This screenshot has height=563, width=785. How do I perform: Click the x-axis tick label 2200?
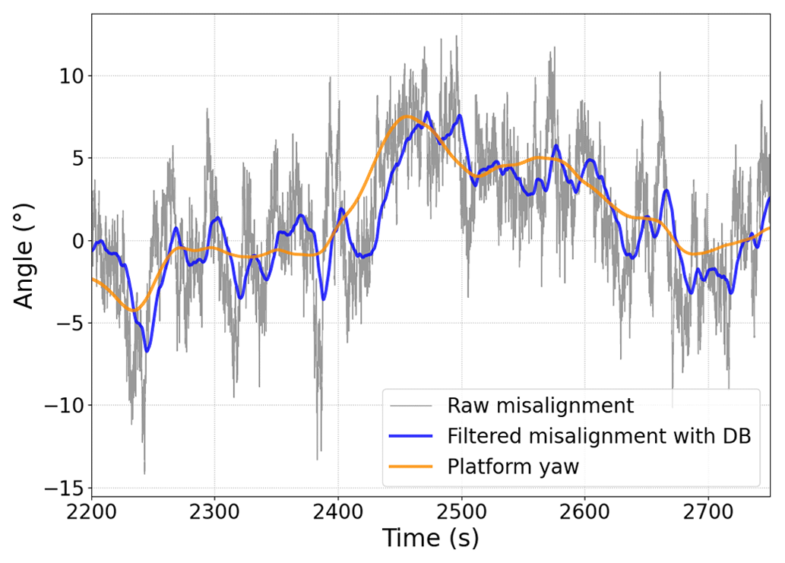[x=91, y=511]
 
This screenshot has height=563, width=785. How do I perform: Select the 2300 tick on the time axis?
[x=214, y=511]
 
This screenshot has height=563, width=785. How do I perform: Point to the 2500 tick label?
[x=461, y=511]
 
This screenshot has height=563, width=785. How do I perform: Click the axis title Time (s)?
[x=430, y=539]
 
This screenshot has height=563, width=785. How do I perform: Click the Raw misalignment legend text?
[x=540, y=406]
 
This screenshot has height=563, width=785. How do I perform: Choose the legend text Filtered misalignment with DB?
[x=599, y=436]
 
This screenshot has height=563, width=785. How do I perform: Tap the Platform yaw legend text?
[x=513, y=467]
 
